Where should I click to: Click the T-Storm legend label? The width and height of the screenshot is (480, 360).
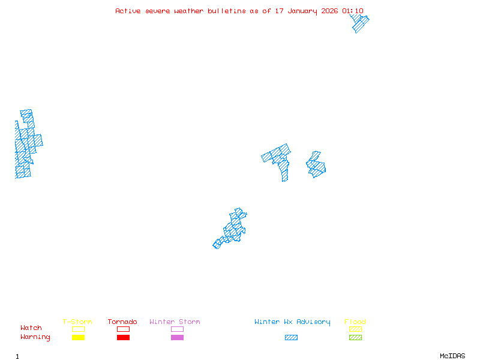(x=77, y=322)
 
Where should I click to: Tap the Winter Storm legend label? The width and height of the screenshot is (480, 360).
(x=175, y=322)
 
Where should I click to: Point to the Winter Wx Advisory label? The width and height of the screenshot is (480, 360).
(x=292, y=322)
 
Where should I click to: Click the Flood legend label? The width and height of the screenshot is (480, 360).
(x=355, y=322)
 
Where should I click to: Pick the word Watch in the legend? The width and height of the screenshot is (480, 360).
(x=31, y=328)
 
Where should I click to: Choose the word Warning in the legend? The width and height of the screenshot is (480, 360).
(x=35, y=337)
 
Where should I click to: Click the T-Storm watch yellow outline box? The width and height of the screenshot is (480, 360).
(x=78, y=329)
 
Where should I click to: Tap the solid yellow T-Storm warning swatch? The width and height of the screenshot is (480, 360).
(x=78, y=337)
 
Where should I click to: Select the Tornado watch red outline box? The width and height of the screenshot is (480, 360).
(x=123, y=329)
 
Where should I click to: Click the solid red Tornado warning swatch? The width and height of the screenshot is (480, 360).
(x=123, y=337)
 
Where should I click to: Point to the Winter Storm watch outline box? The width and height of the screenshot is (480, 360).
(x=177, y=329)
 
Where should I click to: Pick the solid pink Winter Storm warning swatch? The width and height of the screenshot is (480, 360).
(x=177, y=337)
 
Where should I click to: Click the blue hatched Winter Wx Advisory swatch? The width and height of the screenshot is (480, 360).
(x=291, y=337)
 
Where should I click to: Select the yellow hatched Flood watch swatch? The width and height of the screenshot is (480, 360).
(x=355, y=329)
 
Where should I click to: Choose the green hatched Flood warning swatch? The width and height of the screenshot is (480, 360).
(x=355, y=337)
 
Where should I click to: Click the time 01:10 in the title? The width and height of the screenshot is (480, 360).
(x=353, y=11)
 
